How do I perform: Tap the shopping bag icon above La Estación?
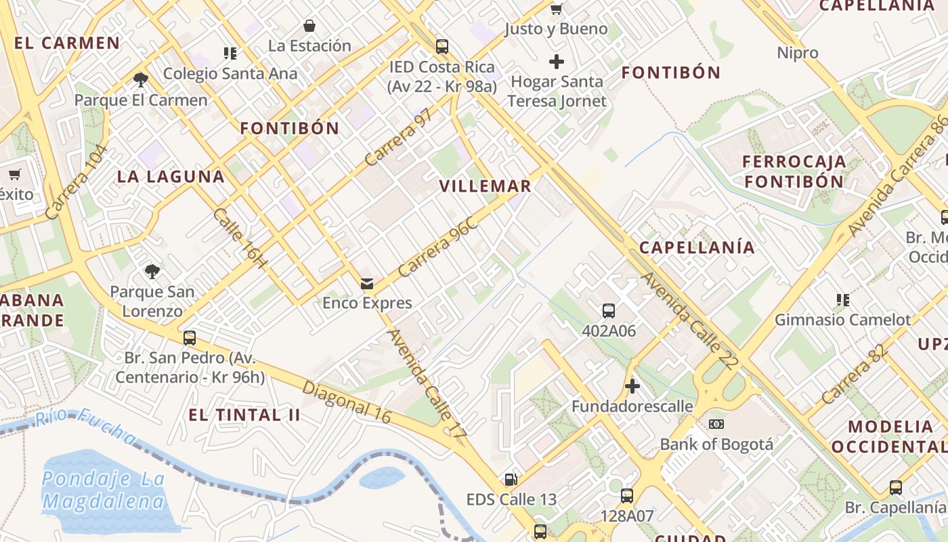[x=309, y=26]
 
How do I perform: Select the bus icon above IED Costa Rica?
[x=442, y=47]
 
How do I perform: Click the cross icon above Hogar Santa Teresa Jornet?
[x=557, y=62]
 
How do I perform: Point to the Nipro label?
[x=798, y=53]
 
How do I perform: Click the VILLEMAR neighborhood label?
[x=485, y=186]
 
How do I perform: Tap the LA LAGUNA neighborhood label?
[x=171, y=177]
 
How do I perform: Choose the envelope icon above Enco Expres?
[x=367, y=283]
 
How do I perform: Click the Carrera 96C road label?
[x=438, y=247]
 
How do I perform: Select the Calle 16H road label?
[x=240, y=237]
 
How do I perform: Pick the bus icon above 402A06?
[x=609, y=311]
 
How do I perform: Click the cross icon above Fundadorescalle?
[x=632, y=386]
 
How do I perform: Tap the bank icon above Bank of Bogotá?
[x=716, y=424]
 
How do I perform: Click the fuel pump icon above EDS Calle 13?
[x=511, y=480]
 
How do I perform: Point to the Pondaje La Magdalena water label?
[x=103, y=490]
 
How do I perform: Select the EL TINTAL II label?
[x=244, y=415]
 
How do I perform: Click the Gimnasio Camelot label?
[x=843, y=319]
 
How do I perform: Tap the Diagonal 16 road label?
[x=347, y=402]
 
